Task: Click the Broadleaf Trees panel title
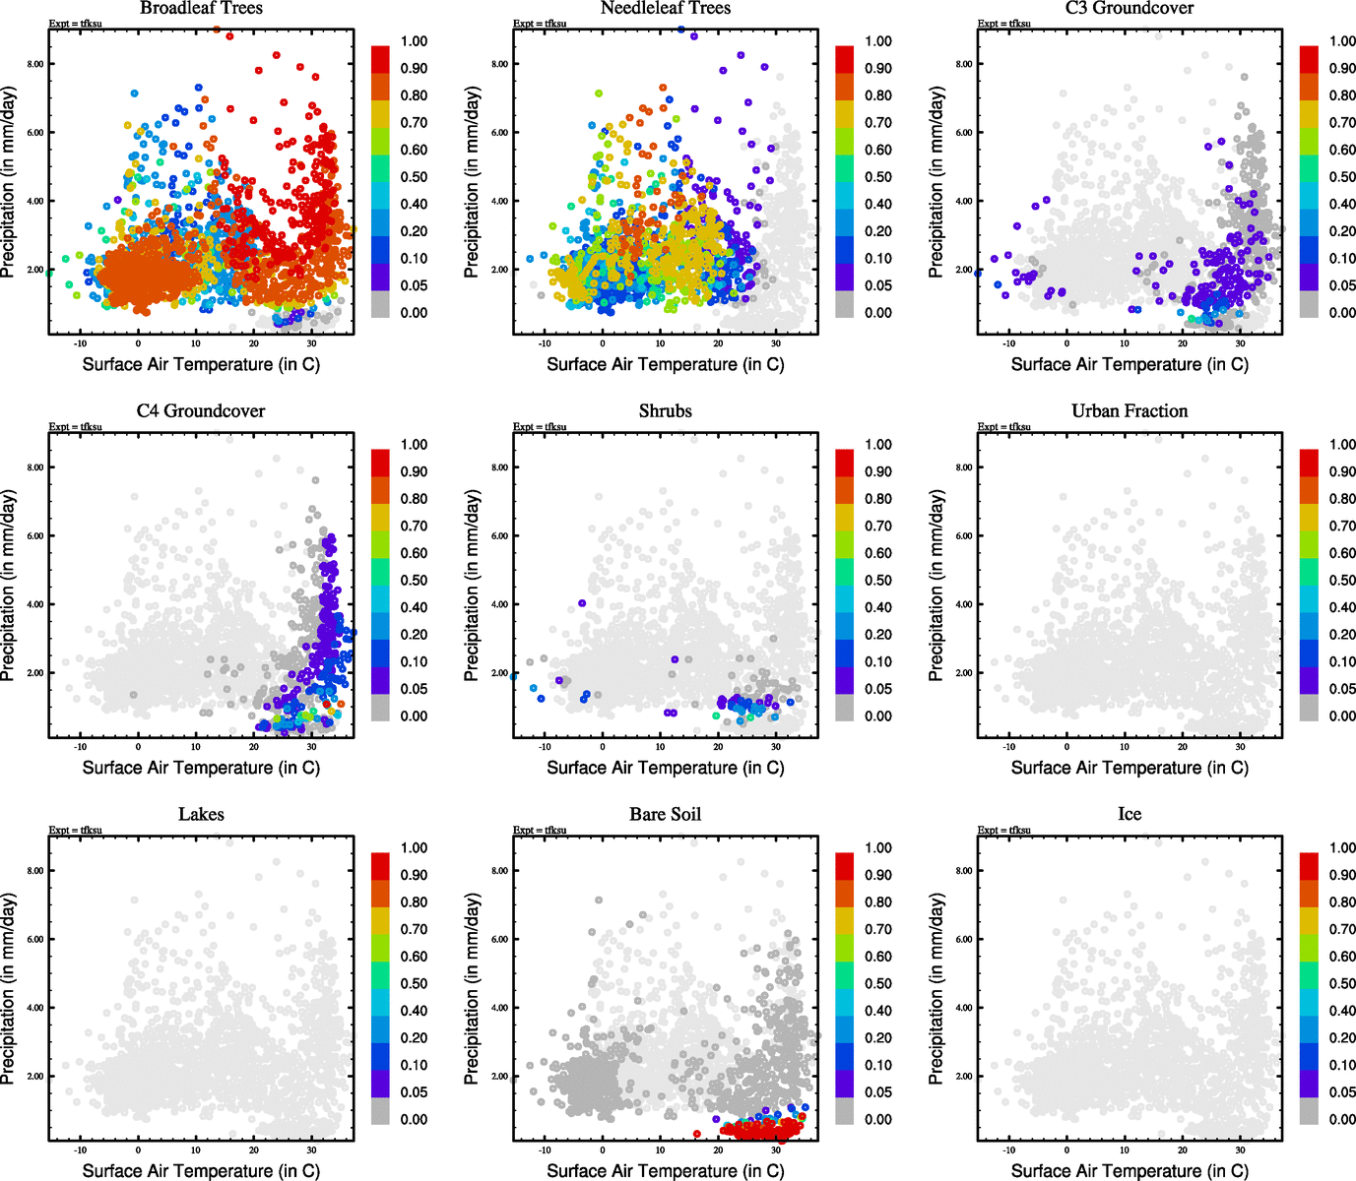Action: point(201,8)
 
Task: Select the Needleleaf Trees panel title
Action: point(666,8)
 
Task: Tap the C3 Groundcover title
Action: point(1130,8)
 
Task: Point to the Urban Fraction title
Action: point(1130,411)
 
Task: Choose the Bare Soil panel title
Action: point(666,815)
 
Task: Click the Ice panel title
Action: point(1130,815)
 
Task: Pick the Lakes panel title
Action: point(201,815)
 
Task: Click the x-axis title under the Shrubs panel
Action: point(666,768)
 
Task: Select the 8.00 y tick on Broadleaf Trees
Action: point(34,64)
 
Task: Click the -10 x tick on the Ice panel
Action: point(1008,1150)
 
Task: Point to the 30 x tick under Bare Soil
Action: point(776,1150)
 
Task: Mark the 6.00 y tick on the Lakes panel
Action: point(34,939)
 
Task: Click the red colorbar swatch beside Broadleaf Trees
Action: point(380,58)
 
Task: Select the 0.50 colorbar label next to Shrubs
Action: point(878,581)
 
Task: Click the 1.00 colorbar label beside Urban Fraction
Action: point(1342,445)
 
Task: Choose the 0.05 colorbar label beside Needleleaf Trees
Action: point(878,285)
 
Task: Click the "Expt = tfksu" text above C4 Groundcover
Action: point(76,427)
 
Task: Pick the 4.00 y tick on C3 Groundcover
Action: point(963,201)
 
